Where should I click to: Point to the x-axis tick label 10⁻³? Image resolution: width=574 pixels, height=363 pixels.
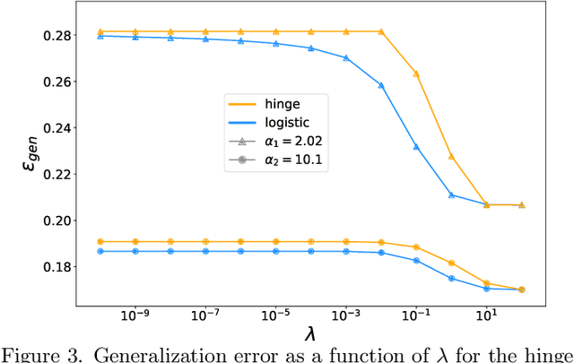[345, 315]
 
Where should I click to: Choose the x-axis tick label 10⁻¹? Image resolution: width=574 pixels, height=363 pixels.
[415, 315]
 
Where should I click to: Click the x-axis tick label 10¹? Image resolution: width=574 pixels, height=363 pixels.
[486, 315]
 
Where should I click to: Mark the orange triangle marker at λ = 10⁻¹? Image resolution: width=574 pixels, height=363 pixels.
[415, 73]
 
